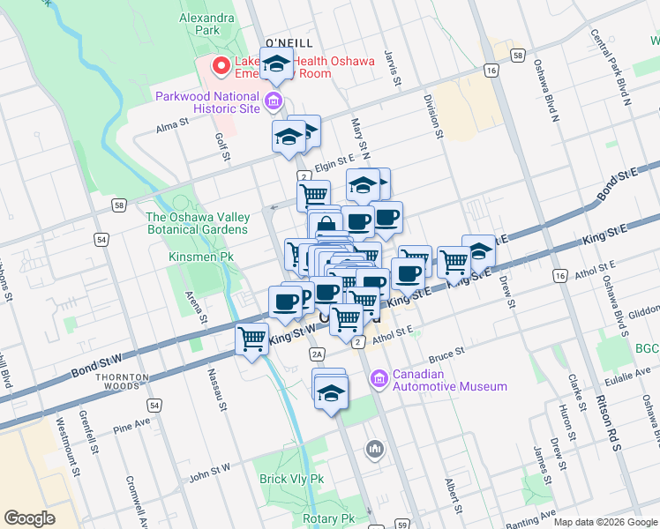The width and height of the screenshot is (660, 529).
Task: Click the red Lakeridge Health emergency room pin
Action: coord(218,65)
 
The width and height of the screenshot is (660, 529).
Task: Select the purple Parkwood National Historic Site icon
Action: coord(274,102)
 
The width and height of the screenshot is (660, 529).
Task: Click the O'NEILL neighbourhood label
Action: coord(289,42)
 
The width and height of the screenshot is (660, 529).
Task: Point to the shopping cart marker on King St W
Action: coord(252,339)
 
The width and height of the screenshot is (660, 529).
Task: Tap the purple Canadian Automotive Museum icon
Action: coord(380,379)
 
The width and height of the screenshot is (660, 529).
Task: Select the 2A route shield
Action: coord(319,354)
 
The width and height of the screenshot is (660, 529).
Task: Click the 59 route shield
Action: coord(399,522)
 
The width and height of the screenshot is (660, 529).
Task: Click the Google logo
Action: coord(30,518)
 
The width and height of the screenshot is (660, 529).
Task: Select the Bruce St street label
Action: coord(446,354)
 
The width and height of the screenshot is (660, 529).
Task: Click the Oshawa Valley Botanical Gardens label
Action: coord(197,223)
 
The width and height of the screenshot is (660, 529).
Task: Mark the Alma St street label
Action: coord(173,125)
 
